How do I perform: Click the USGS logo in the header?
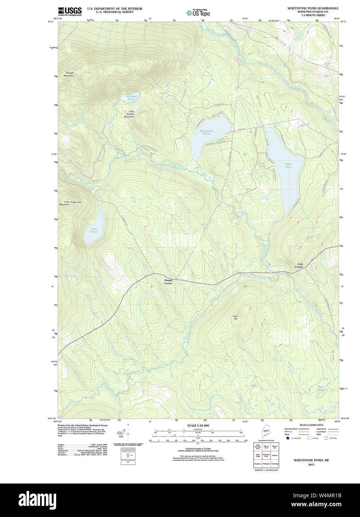coord(70,11)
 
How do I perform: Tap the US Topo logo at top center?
coord(198,13)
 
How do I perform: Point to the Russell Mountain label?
coord(68,74)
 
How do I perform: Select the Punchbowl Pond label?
coord(131,97)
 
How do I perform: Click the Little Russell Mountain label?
coord(129,114)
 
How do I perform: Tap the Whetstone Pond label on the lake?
coord(206,132)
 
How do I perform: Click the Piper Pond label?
coord(289,165)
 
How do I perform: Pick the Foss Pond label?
coord(94,230)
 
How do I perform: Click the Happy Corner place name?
coord(168,282)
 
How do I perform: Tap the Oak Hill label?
coord(235,318)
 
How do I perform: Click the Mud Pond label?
coord(320,388)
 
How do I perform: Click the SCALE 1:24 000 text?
coord(198,425)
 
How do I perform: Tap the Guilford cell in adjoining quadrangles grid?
coord(275,455)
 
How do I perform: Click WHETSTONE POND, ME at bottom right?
coord(311,460)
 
